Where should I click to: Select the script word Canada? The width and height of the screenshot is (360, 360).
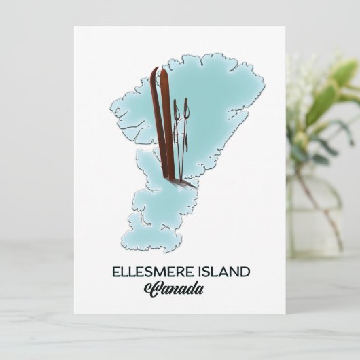point(174,289)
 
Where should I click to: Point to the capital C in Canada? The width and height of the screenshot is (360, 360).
point(151,289)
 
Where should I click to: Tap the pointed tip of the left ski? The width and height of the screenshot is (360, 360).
point(152,69)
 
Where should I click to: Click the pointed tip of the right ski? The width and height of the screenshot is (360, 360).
point(162,69)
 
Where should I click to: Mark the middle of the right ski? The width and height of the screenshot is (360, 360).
point(165,122)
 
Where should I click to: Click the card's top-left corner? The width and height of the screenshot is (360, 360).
point(75,27)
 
